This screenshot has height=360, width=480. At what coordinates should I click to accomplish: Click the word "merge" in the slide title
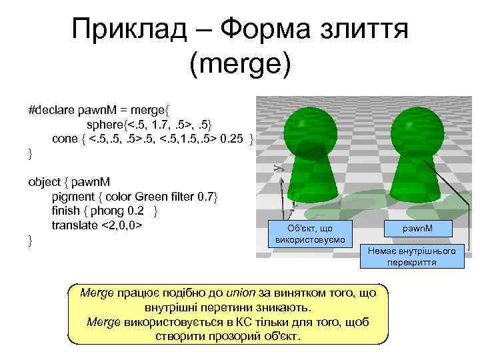pyautogui.click(x=241, y=64)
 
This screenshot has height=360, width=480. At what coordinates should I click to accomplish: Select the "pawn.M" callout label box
pyautogui.click(x=418, y=229)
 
